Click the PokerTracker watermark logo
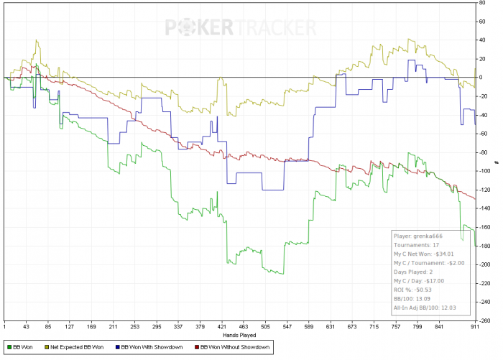[241, 28]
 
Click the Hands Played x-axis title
[240, 335]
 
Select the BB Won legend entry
[21, 349]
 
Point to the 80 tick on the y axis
[483, 3]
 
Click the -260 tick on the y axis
[485, 320]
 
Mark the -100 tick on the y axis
[485, 171]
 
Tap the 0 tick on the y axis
[481, 78]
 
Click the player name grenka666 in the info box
[428, 235]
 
